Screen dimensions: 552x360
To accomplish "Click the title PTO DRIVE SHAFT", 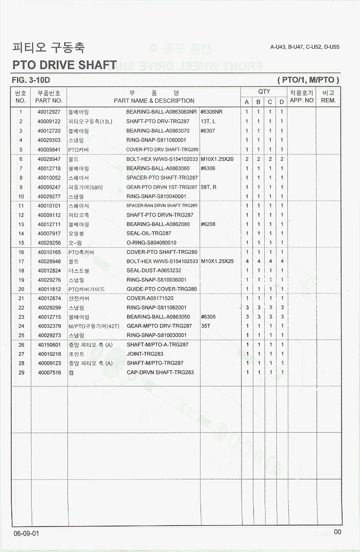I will pos(65,65).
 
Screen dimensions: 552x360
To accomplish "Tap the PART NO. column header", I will pos(49,100).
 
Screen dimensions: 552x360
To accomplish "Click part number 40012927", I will pos(49,112).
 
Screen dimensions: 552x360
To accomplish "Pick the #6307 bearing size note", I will pos(208,131).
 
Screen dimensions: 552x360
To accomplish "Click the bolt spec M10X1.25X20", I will pos(217,159).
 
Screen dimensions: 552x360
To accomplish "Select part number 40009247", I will pos(49,187).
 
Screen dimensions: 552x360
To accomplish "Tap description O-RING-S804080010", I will pos(151,243).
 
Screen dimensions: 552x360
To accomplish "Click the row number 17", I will pos(21,261).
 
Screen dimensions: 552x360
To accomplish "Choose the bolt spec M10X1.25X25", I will pos(217,261).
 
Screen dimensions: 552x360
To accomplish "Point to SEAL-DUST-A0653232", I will pos(154,270).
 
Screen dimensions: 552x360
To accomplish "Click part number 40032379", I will pos(49,326).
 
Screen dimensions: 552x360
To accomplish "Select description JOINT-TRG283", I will pos(145,354).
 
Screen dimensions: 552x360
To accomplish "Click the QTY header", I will pos(264,92).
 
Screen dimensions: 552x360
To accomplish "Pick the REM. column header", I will pos(328,100).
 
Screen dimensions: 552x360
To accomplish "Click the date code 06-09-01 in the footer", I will pos(26,533).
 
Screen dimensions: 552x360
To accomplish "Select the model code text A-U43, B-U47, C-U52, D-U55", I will pos(305,47).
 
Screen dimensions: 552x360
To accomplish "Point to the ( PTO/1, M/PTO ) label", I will pos(308,80).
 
